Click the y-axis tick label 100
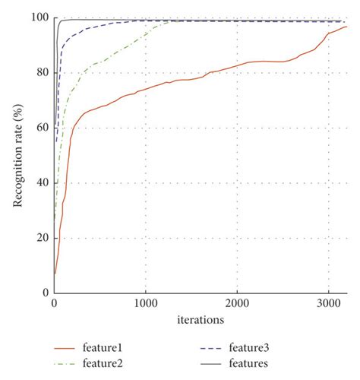pos(39,17)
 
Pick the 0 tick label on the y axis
pos(45,293)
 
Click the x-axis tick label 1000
pos(144,303)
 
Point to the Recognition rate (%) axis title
pos(16,155)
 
